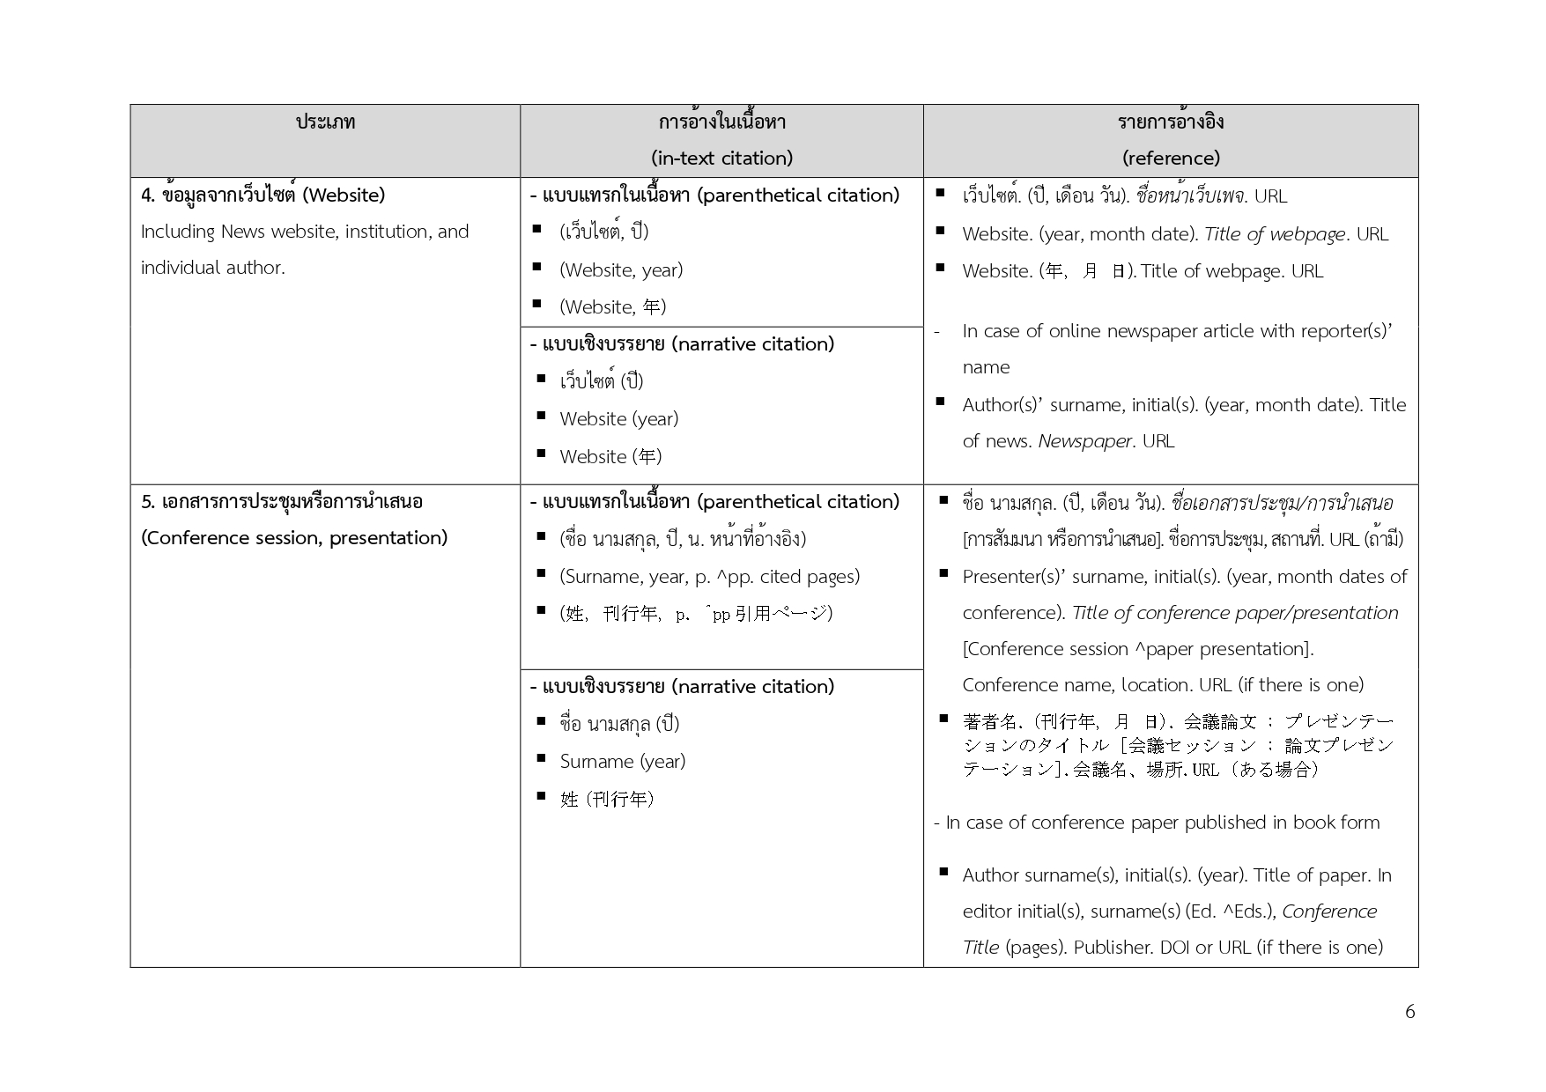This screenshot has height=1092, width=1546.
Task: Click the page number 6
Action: point(1409,1012)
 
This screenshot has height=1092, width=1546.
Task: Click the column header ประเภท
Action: point(325,122)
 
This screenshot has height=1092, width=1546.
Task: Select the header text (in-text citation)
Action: point(721,159)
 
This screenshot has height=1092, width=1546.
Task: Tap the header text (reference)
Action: point(1171,159)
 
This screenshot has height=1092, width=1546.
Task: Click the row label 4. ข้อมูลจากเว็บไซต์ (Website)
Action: point(263,195)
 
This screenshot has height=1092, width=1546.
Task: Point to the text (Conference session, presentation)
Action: point(294,538)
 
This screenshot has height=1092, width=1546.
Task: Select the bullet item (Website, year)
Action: point(621,270)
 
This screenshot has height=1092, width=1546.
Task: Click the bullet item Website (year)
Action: point(618,419)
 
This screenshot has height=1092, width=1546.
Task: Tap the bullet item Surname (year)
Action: point(622,762)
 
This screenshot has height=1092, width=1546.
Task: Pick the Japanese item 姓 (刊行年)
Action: point(607,800)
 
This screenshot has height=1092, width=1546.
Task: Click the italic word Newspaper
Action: point(1084,441)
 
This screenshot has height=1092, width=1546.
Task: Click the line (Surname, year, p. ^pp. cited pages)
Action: point(709,577)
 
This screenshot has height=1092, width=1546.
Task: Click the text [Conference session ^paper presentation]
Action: point(1137,649)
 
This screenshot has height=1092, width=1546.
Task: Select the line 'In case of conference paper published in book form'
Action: point(1157,823)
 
